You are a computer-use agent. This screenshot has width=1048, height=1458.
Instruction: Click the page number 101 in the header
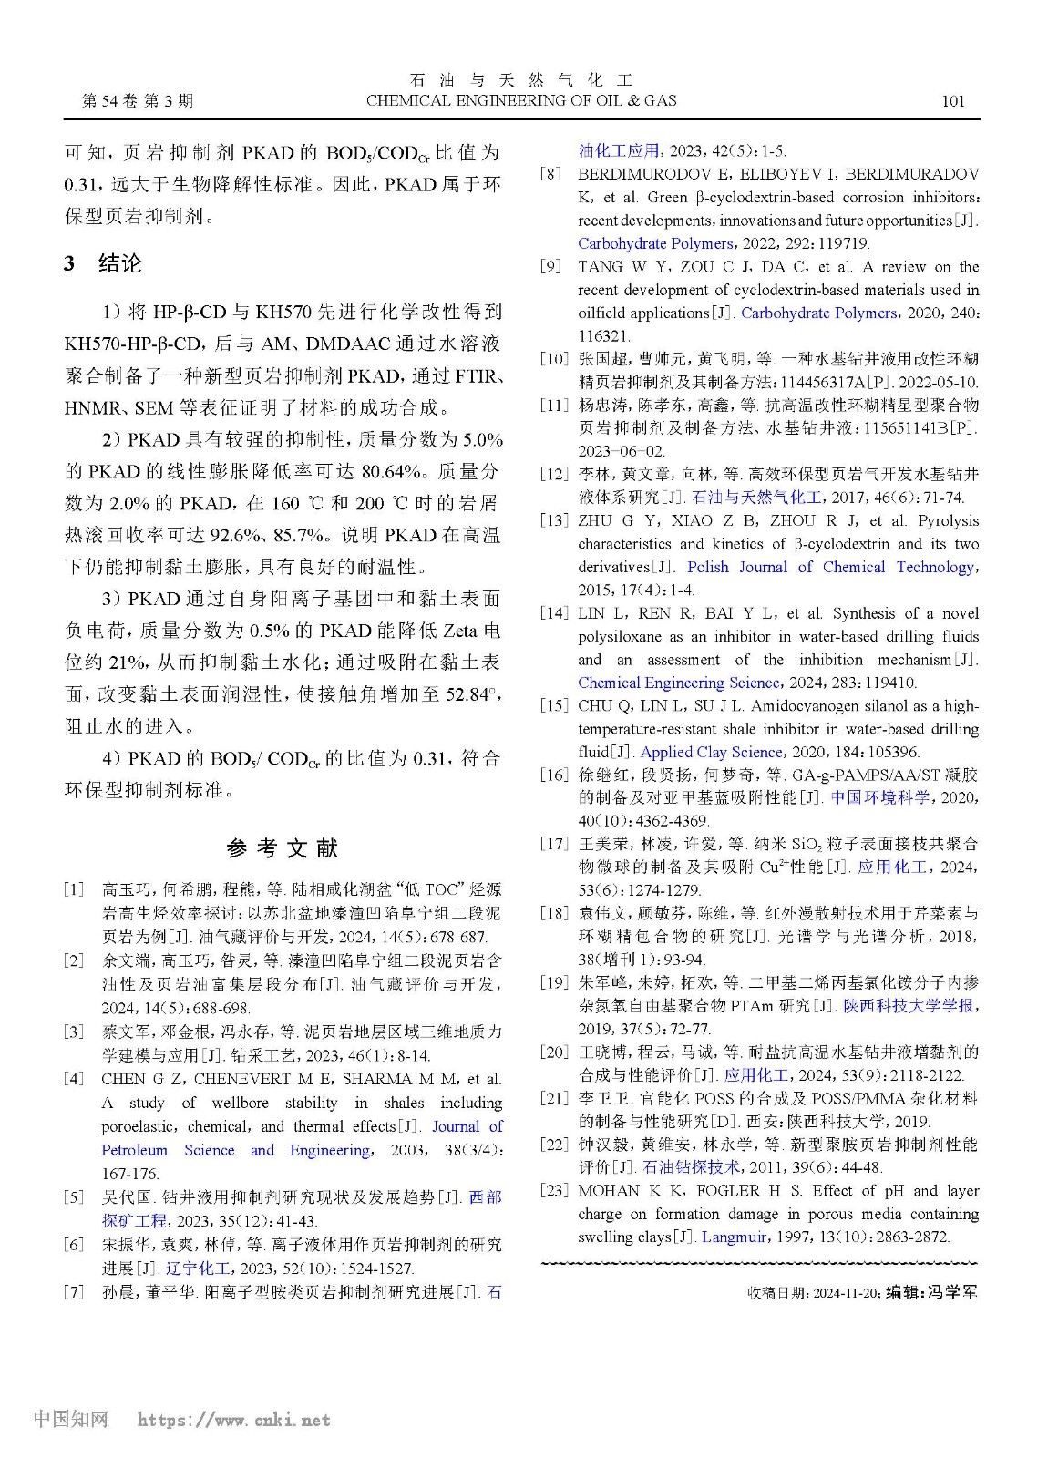[x=952, y=101]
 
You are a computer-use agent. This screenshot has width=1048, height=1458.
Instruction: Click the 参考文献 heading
[x=283, y=848]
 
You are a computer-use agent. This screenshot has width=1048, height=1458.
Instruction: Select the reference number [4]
[x=74, y=1080]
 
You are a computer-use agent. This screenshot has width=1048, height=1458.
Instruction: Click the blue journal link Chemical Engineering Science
[x=679, y=683]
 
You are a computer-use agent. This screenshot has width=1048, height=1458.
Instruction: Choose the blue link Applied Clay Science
[x=712, y=752]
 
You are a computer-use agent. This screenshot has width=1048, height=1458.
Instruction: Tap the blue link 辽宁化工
[x=198, y=1268]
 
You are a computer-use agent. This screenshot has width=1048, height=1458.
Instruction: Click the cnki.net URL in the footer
[x=233, y=1420]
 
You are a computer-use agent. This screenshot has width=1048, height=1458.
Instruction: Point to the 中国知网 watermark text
[x=70, y=1419]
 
